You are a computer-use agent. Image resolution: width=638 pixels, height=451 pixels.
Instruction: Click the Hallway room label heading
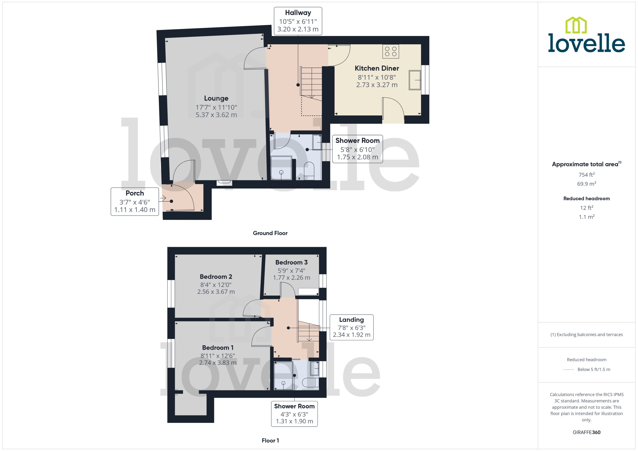click(x=298, y=13)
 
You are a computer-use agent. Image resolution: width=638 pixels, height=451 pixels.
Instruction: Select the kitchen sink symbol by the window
click(x=415, y=80)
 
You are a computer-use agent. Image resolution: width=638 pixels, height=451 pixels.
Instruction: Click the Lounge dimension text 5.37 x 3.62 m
click(x=216, y=115)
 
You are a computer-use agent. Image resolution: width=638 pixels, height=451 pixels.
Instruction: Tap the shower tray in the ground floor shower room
click(x=281, y=168)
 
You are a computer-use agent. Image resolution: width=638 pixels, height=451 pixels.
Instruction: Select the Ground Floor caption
click(x=270, y=233)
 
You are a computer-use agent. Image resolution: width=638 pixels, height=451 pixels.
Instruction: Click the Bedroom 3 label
click(x=291, y=262)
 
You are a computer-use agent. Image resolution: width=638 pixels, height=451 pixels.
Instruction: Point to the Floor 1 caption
click(x=270, y=440)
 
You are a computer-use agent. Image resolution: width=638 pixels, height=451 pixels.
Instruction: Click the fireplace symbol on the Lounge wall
click(x=225, y=182)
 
